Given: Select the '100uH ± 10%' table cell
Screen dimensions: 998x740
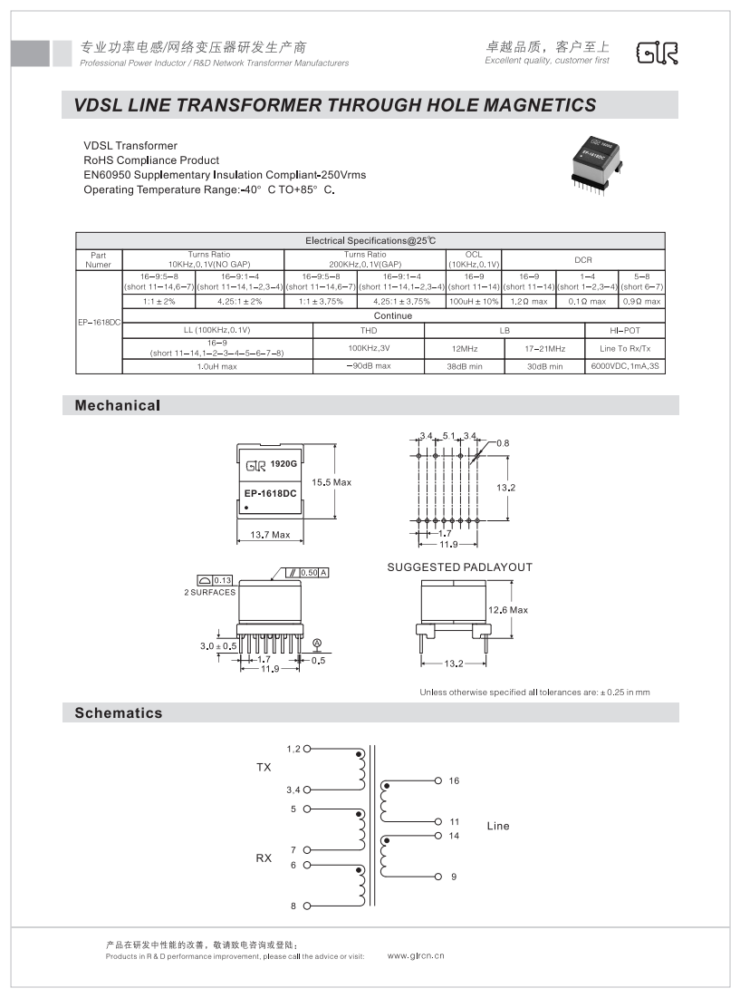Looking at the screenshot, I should pyautogui.click(x=474, y=301).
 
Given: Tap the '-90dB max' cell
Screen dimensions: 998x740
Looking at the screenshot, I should pyautogui.click(x=369, y=365).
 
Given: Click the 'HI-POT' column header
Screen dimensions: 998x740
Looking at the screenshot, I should pyautogui.click(x=625, y=331).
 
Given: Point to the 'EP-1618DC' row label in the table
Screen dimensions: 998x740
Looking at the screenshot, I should pyautogui.click(x=99, y=322).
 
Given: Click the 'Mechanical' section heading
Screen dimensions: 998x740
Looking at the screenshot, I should pyautogui.click(x=117, y=405).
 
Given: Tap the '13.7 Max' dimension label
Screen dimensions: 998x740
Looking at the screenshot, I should pyautogui.click(x=269, y=535).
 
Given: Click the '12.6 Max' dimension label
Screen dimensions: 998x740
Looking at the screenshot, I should pyautogui.click(x=507, y=610).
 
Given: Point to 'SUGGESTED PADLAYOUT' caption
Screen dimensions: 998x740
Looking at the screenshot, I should pyautogui.click(x=459, y=567).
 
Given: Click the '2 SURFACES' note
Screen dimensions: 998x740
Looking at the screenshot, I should pyautogui.click(x=209, y=592).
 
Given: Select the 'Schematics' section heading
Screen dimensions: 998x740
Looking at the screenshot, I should pyautogui.click(x=119, y=712).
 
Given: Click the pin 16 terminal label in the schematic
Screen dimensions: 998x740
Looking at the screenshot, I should pyautogui.click(x=454, y=780).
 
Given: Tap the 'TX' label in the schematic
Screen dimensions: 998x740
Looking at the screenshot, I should pyautogui.click(x=264, y=768).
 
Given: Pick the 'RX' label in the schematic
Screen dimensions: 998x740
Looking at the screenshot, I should pyautogui.click(x=264, y=858).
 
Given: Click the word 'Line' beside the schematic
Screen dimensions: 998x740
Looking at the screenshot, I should pyautogui.click(x=498, y=826).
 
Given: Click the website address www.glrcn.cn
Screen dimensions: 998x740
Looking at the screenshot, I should pyautogui.click(x=416, y=955).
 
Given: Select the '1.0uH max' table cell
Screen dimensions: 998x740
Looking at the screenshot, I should pyautogui.click(x=216, y=365).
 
